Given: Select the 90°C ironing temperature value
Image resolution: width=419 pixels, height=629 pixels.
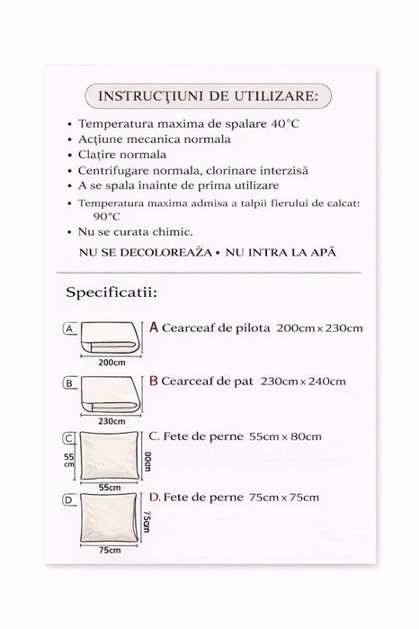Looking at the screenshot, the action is [x=106, y=216].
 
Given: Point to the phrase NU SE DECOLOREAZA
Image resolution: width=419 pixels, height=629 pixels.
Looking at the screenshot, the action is [x=146, y=253].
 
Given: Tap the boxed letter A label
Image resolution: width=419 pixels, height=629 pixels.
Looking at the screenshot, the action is [x=68, y=329].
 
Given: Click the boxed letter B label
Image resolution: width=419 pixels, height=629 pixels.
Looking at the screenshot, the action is [x=68, y=382].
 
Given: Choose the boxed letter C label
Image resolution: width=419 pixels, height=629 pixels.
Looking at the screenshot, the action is [x=68, y=438].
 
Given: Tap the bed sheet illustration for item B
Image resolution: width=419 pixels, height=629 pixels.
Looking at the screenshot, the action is [x=112, y=393].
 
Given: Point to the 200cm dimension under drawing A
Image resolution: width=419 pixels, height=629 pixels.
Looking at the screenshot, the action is [x=111, y=363].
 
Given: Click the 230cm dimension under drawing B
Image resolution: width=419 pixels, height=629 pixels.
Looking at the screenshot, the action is [x=112, y=419].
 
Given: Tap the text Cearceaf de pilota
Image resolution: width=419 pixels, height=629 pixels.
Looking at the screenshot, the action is [x=216, y=328].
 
